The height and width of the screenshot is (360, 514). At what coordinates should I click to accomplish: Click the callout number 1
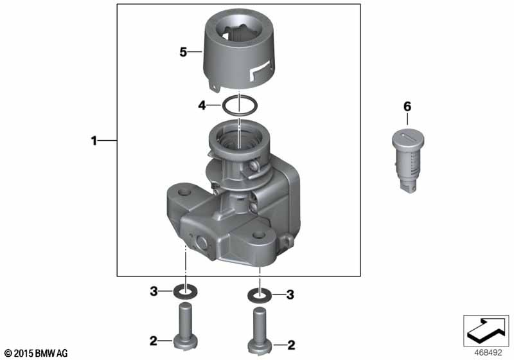tap(94, 141)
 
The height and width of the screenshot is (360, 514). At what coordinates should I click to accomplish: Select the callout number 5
tap(183, 52)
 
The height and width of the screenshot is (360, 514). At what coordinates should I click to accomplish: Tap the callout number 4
tap(202, 105)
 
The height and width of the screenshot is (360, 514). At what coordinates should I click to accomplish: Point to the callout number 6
tap(407, 107)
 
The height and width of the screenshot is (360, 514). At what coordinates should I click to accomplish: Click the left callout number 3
tap(154, 291)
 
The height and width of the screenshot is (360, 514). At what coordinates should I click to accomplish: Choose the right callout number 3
tap(290, 294)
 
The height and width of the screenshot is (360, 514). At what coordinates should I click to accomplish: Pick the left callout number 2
tap(154, 341)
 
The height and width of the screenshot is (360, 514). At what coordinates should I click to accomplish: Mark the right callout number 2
tap(291, 345)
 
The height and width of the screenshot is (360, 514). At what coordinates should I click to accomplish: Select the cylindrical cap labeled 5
tap(239, 50)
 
